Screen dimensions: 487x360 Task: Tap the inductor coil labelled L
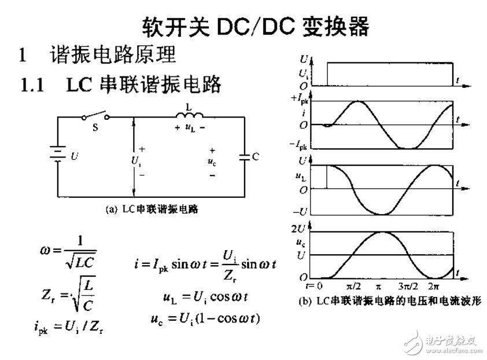coord(189,115)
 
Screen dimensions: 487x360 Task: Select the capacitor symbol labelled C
coord(245,157)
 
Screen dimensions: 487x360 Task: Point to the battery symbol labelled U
coord(58,154)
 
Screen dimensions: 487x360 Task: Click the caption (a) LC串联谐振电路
coord(152,209)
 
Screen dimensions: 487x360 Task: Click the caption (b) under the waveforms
coord(390,301)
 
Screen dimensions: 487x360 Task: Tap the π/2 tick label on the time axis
coord(353,286)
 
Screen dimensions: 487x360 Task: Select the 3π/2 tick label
coord(408,286)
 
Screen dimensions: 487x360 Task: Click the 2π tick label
coord(434,286)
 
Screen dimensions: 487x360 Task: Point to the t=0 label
coord(314,286)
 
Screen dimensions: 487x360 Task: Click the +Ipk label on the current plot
coord(299,98)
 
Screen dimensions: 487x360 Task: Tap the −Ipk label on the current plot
coord(298,145)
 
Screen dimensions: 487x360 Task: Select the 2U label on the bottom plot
coord(298,229)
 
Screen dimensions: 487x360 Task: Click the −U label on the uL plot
coord(300,212)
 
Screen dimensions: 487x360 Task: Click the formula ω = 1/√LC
coord(68,252)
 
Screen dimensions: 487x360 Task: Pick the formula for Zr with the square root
coord(68,294)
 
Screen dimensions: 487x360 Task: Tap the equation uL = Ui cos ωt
coord(205,297)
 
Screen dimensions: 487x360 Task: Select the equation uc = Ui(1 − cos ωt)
coord(205,319)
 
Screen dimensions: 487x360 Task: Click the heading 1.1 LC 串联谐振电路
coord(120,85)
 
